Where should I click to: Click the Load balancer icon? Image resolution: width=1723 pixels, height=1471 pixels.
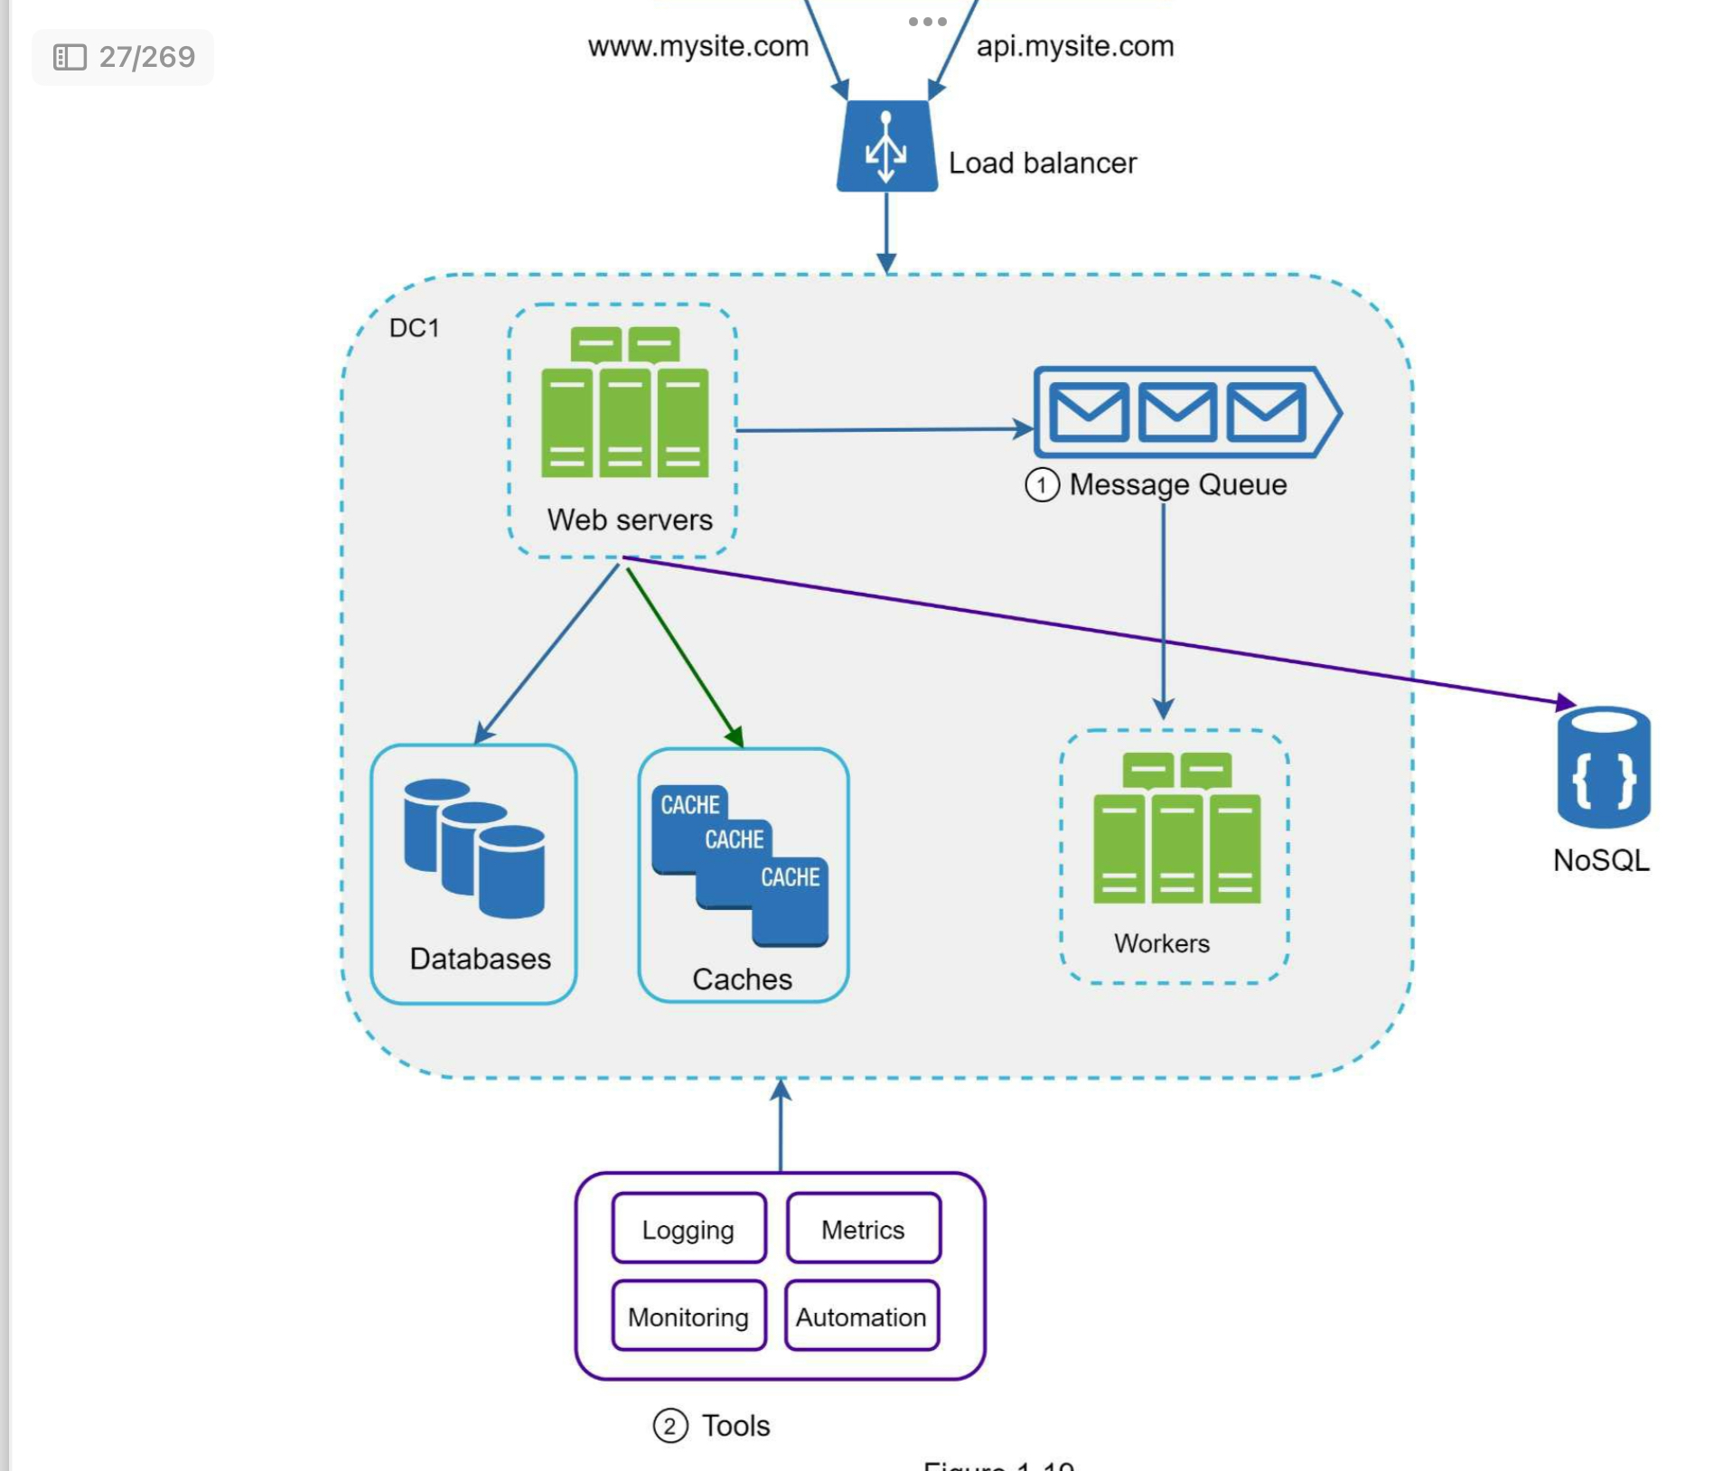[886, 146]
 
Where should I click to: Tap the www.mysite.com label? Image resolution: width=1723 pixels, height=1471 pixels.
[698, 46]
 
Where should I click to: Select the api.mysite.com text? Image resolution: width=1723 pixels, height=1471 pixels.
[1075, 46]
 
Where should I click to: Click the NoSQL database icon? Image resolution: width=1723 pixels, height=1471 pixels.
[1603, 767]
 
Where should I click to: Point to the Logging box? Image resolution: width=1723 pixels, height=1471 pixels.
[688, 1229]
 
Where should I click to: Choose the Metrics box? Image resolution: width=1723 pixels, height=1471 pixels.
[863, 1229]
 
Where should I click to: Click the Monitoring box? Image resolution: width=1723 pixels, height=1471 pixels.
[688, 1316]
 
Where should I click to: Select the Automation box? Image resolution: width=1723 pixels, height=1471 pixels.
[861, 1316]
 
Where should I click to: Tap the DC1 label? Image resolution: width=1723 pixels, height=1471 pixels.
[414, 327]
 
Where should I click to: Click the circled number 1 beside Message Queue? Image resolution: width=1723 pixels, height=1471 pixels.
[1042, 485]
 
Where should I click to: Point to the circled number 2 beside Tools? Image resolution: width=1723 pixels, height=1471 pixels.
[670, 1426]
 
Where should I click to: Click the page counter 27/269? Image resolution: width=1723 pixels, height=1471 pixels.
[124, 57]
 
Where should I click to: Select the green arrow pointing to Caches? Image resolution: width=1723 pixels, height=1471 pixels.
[685, 658]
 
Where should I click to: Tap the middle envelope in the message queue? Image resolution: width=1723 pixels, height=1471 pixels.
[1176, 412]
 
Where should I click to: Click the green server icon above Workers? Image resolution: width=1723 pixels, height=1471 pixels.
[1176, 829]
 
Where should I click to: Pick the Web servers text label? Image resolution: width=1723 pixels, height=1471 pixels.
[630, 520]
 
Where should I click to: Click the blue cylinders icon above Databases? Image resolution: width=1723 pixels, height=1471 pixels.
[474, 847]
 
